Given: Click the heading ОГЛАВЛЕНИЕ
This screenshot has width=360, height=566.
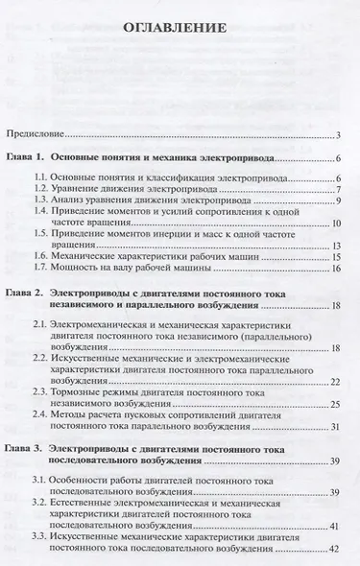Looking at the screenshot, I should pos(180,28).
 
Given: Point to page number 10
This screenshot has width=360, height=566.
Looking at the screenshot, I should pos(339,224).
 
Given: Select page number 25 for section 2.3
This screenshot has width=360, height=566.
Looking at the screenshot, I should pos(339,404).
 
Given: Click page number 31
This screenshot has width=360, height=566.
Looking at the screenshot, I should pos(339,427).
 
